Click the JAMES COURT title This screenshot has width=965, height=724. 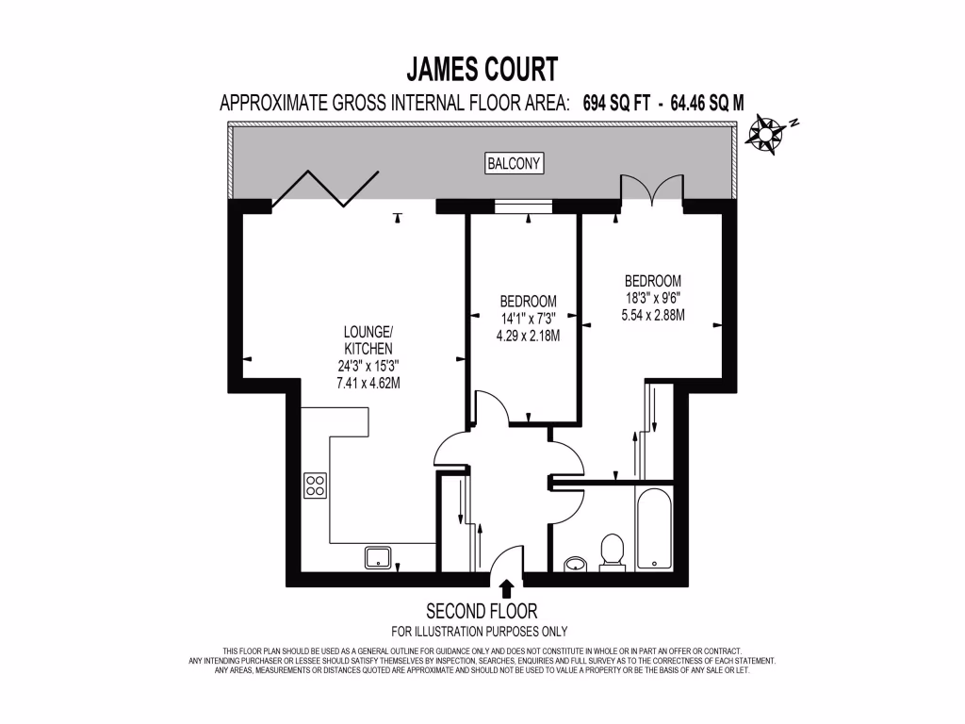click(482, 69)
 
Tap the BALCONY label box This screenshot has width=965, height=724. click(515, 163)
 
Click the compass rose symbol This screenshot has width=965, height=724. click(769, 132)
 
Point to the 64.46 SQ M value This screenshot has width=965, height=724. click(707, 104)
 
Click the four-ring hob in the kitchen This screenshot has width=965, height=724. click(315, 485)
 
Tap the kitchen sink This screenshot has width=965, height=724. click(379, 558)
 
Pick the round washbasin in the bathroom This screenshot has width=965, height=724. click(575, 565)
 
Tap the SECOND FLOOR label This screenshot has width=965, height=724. click(482, 611)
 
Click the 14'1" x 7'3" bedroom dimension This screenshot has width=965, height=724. click(528, 319)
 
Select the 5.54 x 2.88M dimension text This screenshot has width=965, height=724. click(653, 315)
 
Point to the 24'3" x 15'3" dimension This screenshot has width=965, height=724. click(367, 366)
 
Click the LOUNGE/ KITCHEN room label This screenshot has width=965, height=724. click(367, 340)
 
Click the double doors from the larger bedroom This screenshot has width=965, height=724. click(650, 189)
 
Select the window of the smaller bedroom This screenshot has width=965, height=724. click(523, 205)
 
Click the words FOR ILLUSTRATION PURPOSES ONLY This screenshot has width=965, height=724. click(479, 632)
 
